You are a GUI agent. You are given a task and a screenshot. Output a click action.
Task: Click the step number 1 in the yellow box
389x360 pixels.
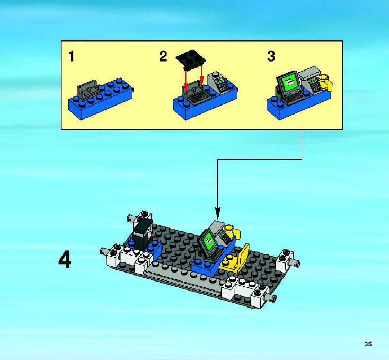(72, 56)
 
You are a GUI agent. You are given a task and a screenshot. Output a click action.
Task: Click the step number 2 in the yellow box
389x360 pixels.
(163, 56)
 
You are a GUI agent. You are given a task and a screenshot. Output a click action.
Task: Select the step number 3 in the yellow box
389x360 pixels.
(271, 56)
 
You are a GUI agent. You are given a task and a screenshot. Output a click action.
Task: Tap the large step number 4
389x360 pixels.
(65, 259)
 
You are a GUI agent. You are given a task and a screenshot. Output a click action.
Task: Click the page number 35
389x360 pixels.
(368, 344)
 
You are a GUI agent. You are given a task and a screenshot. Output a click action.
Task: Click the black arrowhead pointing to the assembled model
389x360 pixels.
(218, 214)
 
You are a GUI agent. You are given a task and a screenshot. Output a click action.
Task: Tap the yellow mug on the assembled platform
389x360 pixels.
(232, 232)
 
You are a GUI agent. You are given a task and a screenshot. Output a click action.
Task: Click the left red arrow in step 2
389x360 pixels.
(185, 81)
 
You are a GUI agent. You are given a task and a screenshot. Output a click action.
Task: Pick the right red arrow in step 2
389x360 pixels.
(202, 75)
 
